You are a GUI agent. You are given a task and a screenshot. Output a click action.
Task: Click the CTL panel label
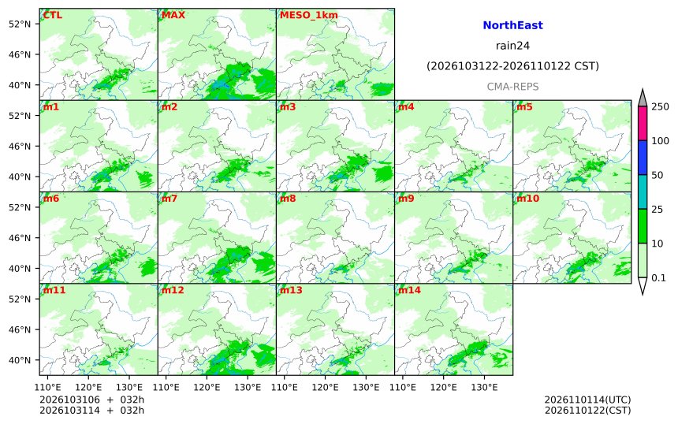(x=52, y=15)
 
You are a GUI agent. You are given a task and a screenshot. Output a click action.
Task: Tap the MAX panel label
(x=173, y=15)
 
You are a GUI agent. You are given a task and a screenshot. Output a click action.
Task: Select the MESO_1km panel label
(x=309, y=15)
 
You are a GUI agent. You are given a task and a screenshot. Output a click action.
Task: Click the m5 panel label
(x=524, y=106)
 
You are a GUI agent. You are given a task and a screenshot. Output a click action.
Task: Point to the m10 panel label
(x=527, y=199)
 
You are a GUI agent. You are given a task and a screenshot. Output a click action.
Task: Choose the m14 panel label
(x=409, y=290)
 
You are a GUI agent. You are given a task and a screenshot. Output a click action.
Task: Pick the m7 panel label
(x=169, y=199)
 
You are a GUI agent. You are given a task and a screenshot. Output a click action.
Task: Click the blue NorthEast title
(x=512, y=25)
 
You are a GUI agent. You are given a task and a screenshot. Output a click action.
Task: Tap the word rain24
(x=512, y=46)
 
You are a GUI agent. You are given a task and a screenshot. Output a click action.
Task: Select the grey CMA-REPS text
(x=512, y=87)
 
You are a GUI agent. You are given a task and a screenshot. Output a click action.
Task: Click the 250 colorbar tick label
(x=661, y=106)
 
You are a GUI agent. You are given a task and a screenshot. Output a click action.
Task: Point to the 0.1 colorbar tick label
(x=658, y=278)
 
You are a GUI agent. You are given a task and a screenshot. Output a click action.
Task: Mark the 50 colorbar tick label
(x=658, y=175)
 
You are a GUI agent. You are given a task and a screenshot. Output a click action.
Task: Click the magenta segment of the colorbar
(x=643, y=123)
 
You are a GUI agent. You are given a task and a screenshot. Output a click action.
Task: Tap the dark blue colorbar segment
(x=643, y=158)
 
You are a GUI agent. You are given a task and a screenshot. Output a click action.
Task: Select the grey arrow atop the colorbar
(x=643, y=99)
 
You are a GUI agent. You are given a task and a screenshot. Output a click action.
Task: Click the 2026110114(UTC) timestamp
(x=587, y=400)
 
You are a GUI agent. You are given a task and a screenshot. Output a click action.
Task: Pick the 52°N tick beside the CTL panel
(x=20, y=24)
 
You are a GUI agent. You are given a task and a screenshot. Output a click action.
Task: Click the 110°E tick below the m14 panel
(x=404, y=387)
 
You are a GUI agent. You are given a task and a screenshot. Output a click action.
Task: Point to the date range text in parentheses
(x=512, y=66)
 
